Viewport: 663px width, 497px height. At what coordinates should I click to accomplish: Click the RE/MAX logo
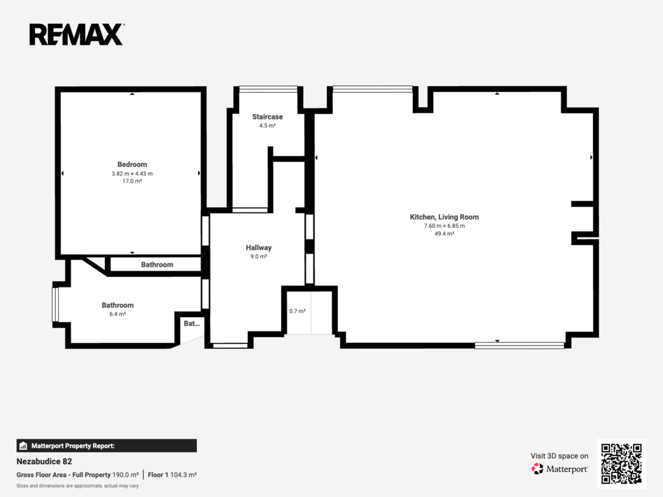tap(76, 35)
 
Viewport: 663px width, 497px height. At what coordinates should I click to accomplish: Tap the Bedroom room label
tap(132, 164)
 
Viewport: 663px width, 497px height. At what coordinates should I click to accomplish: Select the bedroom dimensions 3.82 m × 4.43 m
tap(132, 173)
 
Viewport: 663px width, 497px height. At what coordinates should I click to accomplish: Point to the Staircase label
tap(267, 116)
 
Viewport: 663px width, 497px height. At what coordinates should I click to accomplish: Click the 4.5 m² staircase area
tap(267, 126)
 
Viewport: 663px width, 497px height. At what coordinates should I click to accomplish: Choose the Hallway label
tap(259, 248)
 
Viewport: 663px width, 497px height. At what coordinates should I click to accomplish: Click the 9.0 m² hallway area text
tap(259, 256)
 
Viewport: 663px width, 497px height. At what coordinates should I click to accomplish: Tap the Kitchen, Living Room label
tap(444, 217)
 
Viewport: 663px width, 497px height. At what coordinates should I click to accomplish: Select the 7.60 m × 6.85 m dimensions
tap(444, 226)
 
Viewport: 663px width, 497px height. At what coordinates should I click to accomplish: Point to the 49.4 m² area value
tap(444, 234)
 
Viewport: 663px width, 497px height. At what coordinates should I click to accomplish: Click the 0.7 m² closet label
tap(297, 311)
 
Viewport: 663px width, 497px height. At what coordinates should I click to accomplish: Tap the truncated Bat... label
tap(192, 324)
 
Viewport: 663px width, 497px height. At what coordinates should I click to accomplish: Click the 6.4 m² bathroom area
tap(118, 314)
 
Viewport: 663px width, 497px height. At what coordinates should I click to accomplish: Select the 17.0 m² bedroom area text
tap(132, 181)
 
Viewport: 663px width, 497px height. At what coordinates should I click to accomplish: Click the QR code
tap(622, 463)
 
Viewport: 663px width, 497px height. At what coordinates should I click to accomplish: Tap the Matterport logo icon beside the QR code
tap(537, 469)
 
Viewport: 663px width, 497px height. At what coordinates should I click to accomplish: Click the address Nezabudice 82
tap(45, 461)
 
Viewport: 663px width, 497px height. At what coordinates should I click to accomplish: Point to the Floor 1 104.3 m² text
tap(172, 475)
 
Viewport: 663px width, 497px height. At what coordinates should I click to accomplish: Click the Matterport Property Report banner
tap(107, 446)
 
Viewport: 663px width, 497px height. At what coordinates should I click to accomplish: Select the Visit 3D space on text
tap(559, 456)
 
